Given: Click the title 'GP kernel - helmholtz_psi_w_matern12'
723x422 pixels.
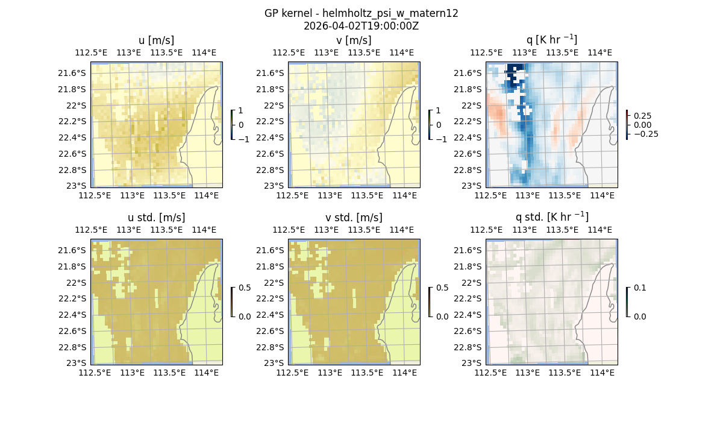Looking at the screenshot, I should [x=361, y=13].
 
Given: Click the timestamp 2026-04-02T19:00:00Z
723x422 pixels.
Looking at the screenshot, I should [x=361, y=26].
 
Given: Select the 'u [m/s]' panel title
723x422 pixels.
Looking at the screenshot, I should [x=157, y=40].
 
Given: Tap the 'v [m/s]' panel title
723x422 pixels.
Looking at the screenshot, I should [x=354, y=40].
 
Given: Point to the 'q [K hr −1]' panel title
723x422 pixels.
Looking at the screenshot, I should [x=552, y=40].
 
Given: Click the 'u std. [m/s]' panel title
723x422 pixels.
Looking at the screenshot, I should [x=157, y=217].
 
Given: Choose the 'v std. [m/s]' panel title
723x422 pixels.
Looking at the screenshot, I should [x=354, y=217].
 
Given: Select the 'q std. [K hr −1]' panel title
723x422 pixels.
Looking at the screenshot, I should [x=552, y=217].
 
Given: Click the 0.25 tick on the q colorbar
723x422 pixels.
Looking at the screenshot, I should [x=642, y=115].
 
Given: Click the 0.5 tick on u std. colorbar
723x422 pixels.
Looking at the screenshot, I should [x=245, y=288].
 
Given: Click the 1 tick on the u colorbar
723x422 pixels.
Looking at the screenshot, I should [x=241, y=111].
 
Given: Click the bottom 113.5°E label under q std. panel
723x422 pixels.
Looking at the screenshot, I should [x=565, y=373].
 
